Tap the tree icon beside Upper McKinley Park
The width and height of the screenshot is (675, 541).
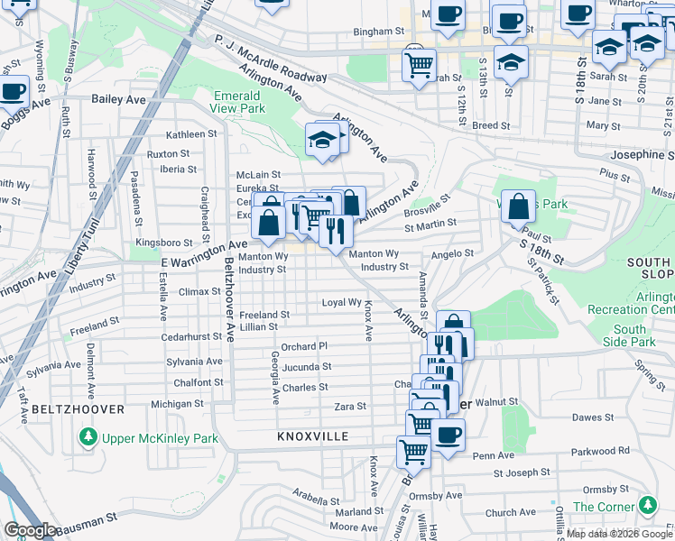click(88, 438)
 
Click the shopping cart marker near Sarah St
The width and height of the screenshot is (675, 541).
click(419, 64)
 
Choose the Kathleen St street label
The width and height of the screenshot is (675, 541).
click(191, 133)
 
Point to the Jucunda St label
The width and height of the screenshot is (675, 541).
click(307, 367)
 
